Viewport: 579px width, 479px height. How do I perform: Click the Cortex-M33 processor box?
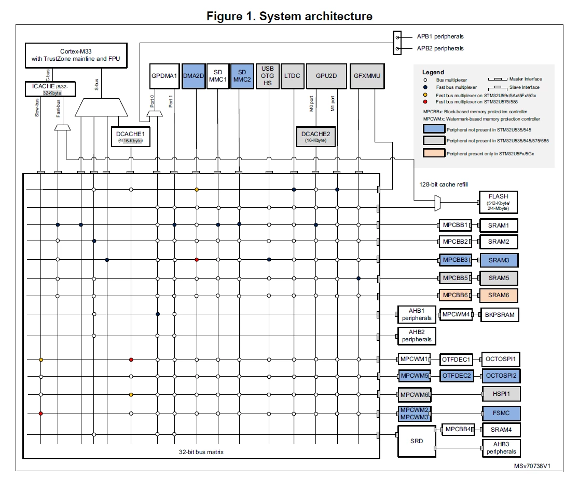coord(76,55)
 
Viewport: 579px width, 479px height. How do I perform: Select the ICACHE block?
coord(50,89)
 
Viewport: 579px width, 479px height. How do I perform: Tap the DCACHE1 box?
coord(130,137)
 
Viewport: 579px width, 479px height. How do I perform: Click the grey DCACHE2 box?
coord(316,137)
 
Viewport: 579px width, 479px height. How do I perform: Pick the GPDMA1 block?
coord(164,76)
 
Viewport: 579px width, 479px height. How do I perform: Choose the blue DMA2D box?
coord(194,76)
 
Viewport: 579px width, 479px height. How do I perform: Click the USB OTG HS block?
coord(267,76)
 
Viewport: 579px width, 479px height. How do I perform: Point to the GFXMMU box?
coord(367,76)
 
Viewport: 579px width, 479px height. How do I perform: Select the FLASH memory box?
coord(498,202)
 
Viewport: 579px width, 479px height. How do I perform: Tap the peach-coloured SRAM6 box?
coord(499,295)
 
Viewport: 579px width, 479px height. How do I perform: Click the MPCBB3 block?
coord(456,260)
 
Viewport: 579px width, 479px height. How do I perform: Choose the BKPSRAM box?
coord(500,315)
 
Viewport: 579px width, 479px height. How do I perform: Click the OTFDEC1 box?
coord(457,360)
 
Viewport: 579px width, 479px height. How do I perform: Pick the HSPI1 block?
coord(501,394)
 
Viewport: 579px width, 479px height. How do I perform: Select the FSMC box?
coord(501,413)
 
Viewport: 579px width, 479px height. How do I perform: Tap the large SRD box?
coord(417,441)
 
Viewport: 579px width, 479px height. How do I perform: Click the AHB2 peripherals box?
coord(417,336)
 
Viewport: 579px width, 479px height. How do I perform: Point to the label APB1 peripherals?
coord(440,36)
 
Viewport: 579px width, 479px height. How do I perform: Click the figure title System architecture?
coord(316,16)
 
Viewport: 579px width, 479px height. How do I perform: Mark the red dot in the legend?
coord(425,102)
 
